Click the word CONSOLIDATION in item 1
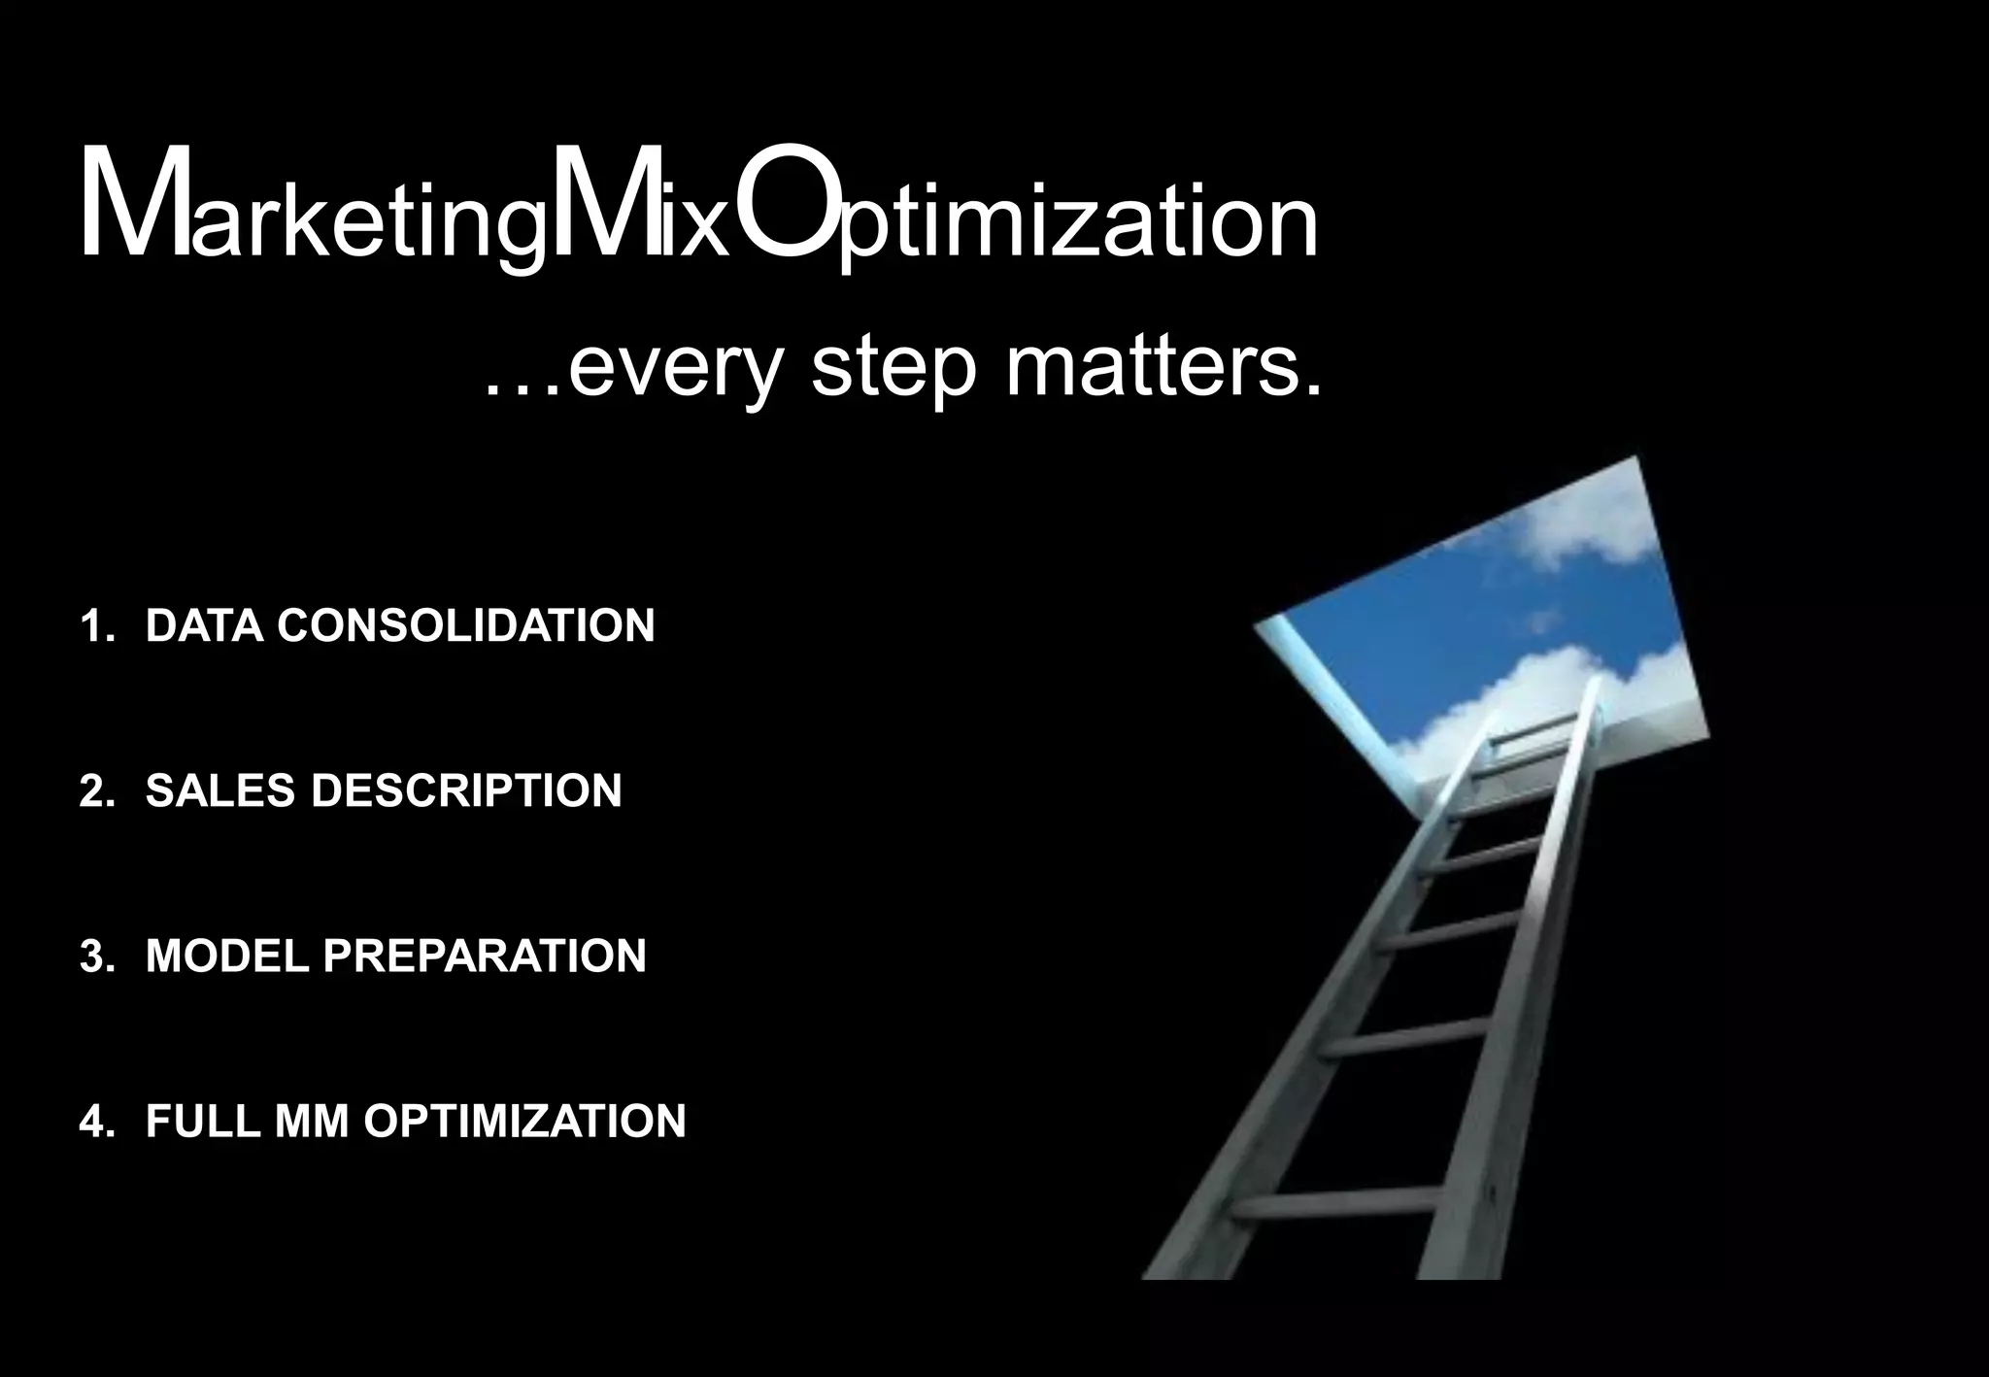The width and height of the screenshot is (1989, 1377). click(466, 625)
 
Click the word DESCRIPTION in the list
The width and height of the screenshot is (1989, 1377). click(466, 790)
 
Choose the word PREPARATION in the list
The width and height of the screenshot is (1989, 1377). click(485, 956)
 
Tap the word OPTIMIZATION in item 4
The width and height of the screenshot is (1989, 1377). click(524, 1121)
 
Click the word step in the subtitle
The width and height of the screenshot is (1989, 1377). click(892, 372)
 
